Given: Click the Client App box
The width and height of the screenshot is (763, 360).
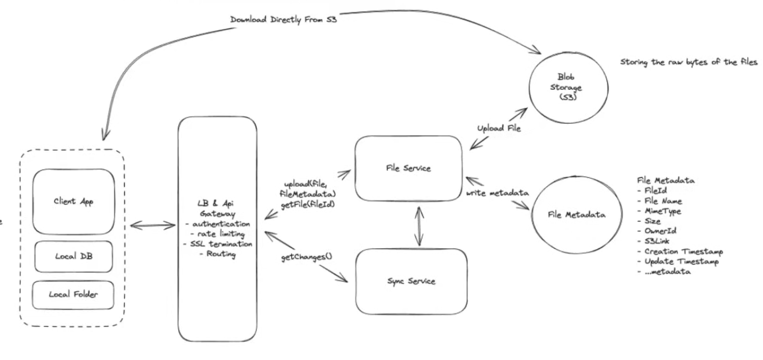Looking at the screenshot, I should pos(74,201).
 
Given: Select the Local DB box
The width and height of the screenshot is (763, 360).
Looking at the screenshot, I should pos(74,256).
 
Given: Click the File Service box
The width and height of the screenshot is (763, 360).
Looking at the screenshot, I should pos(408,168).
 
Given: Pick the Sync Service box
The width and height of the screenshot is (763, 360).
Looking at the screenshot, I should pos(411,281).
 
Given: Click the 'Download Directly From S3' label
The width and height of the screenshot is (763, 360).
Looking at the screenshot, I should pos(283,20).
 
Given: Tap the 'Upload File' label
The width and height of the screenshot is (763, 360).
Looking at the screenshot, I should pos(499,128).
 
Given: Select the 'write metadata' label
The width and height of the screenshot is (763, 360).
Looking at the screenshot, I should pos(497,193).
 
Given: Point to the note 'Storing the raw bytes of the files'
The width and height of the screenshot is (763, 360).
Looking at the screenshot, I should pos(689,62).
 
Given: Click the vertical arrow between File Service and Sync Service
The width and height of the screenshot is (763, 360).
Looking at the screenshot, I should pos(418,225).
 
